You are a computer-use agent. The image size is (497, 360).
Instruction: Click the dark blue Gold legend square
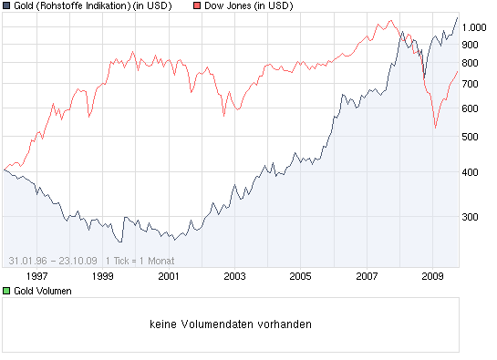coord(7,6)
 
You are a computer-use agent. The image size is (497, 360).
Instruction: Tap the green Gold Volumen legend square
coord(7,291)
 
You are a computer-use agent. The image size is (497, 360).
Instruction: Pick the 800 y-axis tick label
coord(471,63)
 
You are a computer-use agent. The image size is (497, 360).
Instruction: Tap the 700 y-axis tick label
coord(471,84)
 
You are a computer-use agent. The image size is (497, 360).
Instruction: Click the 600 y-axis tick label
coord(471,108)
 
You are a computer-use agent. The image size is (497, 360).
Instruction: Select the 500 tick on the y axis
coord(471,137)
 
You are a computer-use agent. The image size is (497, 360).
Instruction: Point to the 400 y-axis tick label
coord(471,172)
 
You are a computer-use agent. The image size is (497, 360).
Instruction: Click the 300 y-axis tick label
coord(471,217)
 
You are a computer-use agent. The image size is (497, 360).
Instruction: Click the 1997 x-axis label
coord(37,274)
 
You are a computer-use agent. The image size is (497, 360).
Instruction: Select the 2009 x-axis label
coord(432,274)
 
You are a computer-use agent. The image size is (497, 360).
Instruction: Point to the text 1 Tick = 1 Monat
coord(141,260)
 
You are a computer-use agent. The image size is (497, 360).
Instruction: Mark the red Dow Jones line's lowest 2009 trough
coord(435,127)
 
